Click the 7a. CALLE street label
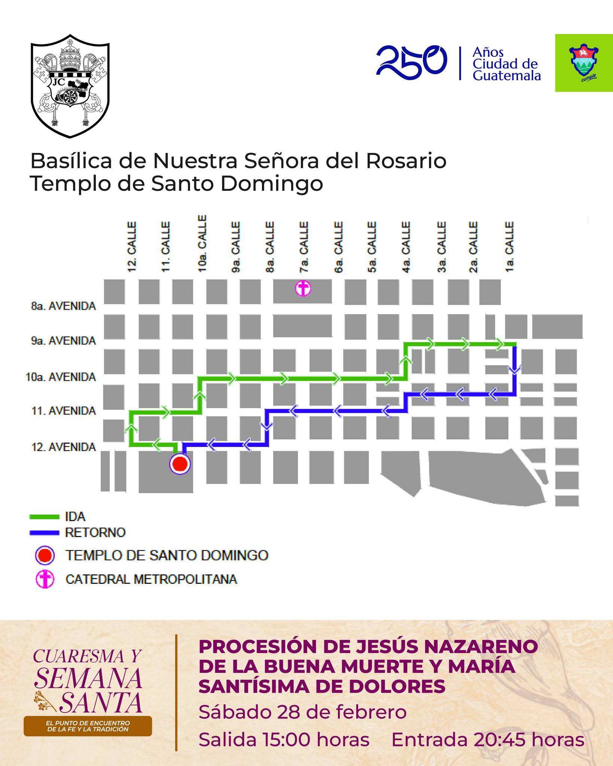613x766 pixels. (304, 247)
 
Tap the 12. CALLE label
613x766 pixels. (132, 247)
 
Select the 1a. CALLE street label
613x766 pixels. (509, 247)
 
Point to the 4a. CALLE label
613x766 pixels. (406, 247)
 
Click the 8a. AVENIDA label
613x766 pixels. (64, 306)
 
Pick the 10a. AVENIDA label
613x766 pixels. (61, 377)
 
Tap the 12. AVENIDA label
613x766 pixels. (64, 447)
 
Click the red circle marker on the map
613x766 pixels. (180, 464)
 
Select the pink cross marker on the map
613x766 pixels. (303, 289)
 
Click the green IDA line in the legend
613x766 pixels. (44, 517)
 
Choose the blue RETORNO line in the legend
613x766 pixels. (44, 533)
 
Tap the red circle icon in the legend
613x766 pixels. (45, 556)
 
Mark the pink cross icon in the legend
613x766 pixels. (45, 580)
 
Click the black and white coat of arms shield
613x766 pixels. (70, 86)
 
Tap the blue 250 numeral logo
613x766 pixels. (411, 62)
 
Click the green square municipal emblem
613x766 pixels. (583, 63)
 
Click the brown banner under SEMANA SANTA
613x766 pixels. (88, 726)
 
